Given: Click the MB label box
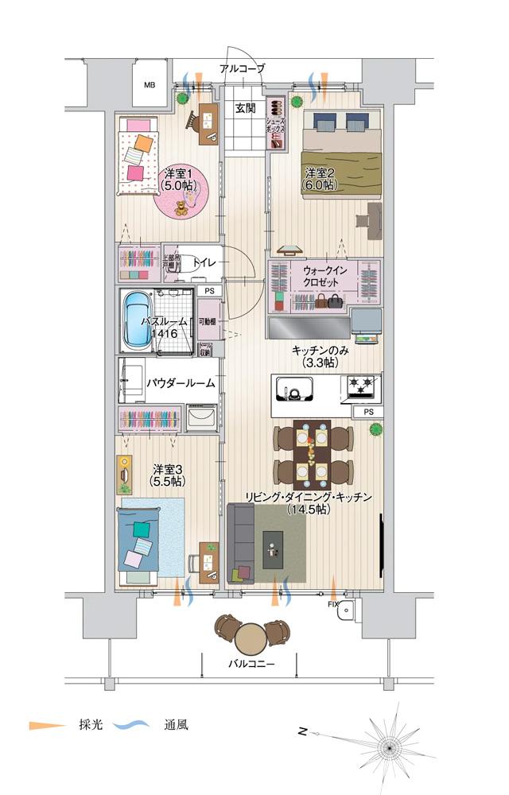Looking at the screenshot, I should tap(150, 85).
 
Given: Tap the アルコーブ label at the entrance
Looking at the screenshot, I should tap(243, 69).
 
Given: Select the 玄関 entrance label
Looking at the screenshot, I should tap(245, 108).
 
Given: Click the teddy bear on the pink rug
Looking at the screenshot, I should tap(181, 208).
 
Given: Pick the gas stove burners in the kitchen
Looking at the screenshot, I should tap(359, 388).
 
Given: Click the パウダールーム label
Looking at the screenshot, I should tap(181, 383).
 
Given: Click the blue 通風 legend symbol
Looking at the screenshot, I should tap(132, 725).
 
